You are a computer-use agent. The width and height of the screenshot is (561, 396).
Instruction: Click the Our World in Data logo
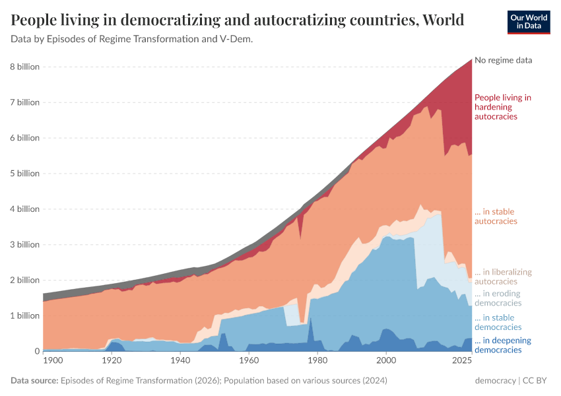(x=529, y=21)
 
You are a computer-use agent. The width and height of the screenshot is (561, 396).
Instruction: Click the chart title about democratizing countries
(x=237, y=20)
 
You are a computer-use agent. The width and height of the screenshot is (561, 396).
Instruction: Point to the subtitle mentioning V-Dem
(x=132, y=39)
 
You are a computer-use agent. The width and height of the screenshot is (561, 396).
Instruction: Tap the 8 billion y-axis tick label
(x=25, y=67)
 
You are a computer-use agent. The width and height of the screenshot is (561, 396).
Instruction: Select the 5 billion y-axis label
(x=25, y=174)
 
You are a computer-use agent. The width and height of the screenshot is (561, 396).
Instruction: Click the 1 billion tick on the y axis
(x=25, y=315)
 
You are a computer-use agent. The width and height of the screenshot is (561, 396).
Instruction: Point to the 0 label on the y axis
(x=37, y=351)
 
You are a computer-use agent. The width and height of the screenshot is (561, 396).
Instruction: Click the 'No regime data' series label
(x=503, y=60)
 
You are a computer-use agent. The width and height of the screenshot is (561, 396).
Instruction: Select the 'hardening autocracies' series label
(x=502, y=107)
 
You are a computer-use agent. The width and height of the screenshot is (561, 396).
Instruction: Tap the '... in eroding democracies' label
(x=498, y=298)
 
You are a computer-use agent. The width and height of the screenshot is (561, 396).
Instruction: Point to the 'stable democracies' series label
(x=494, y=322)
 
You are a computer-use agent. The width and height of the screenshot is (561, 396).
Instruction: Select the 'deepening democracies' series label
(x=498, y=345)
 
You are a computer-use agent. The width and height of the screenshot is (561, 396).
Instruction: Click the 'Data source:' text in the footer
(x=34, y=381)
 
